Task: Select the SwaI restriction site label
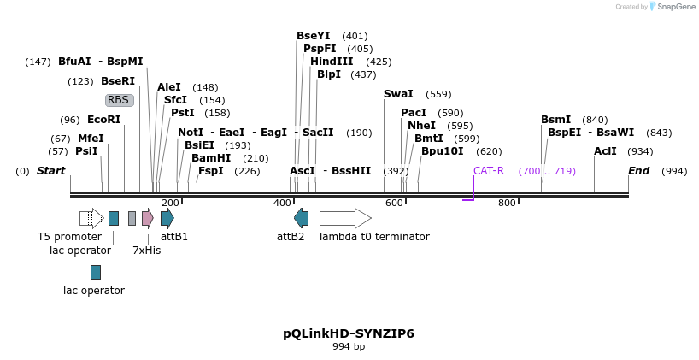tap(398, 94)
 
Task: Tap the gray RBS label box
tap(119, 100)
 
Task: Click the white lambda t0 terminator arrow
tap(345, 218)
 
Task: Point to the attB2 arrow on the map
tap(301, 218)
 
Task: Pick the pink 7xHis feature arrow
tap(148, 218)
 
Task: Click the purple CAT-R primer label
tap(489, 171)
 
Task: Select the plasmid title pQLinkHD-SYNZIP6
tap(349, 333)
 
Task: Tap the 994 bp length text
tap(349, 347)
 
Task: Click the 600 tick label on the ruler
tap(394, 203)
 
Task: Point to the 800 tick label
tap(507, 203)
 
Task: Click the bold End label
tap(638, 171)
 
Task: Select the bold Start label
tap(50, 171)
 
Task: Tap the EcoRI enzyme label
tap(103, 120)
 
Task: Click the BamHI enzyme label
tap(211, 158)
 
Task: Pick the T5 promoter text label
tap(69, 237)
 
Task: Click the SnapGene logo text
tap(676, 7)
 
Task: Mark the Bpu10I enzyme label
tap(442, 151)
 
